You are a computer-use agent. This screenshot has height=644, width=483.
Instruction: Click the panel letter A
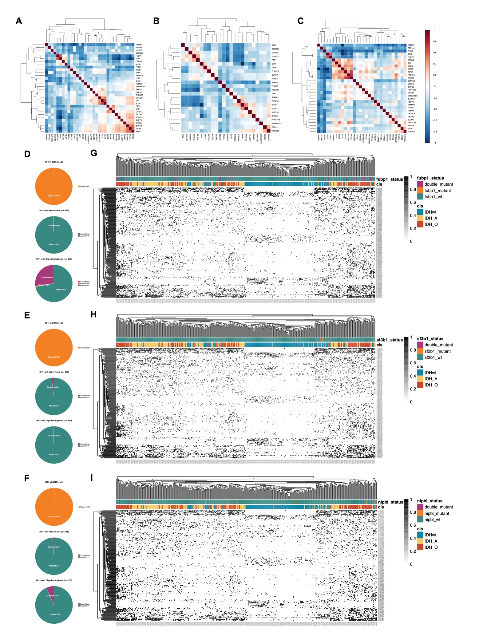click(x=19, y=21)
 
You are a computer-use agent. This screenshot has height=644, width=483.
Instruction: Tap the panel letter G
click(x=94, y=153)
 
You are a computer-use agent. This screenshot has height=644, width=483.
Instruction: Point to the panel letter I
click(x=92, y=478)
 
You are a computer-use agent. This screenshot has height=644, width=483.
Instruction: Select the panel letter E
click(x=27, y=315)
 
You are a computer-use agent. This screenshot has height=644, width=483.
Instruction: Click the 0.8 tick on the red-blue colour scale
click(x=435, y=41)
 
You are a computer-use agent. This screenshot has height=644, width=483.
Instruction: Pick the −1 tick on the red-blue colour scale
click(x=434, y=143)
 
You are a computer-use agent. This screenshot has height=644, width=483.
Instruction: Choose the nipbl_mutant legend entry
click(x=436, y=513)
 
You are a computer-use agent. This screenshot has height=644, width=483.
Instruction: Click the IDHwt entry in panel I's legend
click(x=430, y=535)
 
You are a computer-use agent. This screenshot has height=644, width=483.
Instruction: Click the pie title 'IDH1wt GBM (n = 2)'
click(x=54, y=162)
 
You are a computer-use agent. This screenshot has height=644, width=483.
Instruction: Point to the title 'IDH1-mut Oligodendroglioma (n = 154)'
click(x=54, y=259)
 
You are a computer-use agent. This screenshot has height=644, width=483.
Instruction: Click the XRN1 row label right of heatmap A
click(x=138, y=131)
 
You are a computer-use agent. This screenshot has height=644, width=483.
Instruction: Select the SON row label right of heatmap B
click(x=273, y=45)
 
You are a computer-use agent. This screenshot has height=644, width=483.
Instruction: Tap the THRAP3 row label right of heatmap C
click(x=411, y=132)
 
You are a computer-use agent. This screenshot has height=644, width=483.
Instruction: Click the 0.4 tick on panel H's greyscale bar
click(x=413, y=376)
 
